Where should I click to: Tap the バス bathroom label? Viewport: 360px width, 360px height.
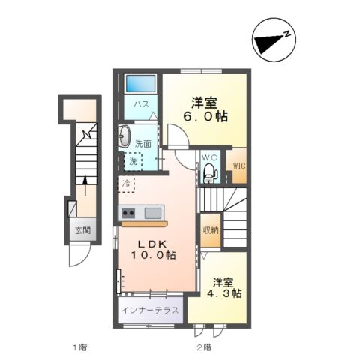(x=139, y=106)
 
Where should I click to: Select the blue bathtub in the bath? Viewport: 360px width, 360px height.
(x=139, y=83)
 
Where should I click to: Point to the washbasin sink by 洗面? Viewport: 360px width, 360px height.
(x=124, y=139)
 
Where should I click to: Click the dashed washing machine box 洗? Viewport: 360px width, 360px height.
(x=133, y=160)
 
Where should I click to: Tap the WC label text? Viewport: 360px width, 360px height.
(x=210, y=157)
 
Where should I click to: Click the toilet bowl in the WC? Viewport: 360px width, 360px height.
(x=210, y=174)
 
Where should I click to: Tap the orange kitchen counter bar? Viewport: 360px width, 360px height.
(x=144, y=223)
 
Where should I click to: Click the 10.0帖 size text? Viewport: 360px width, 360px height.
(x=154, y=256)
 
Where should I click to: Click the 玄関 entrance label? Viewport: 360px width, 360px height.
(x=82, y=231)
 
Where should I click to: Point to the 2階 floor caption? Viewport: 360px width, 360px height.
(x=203, y=347)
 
